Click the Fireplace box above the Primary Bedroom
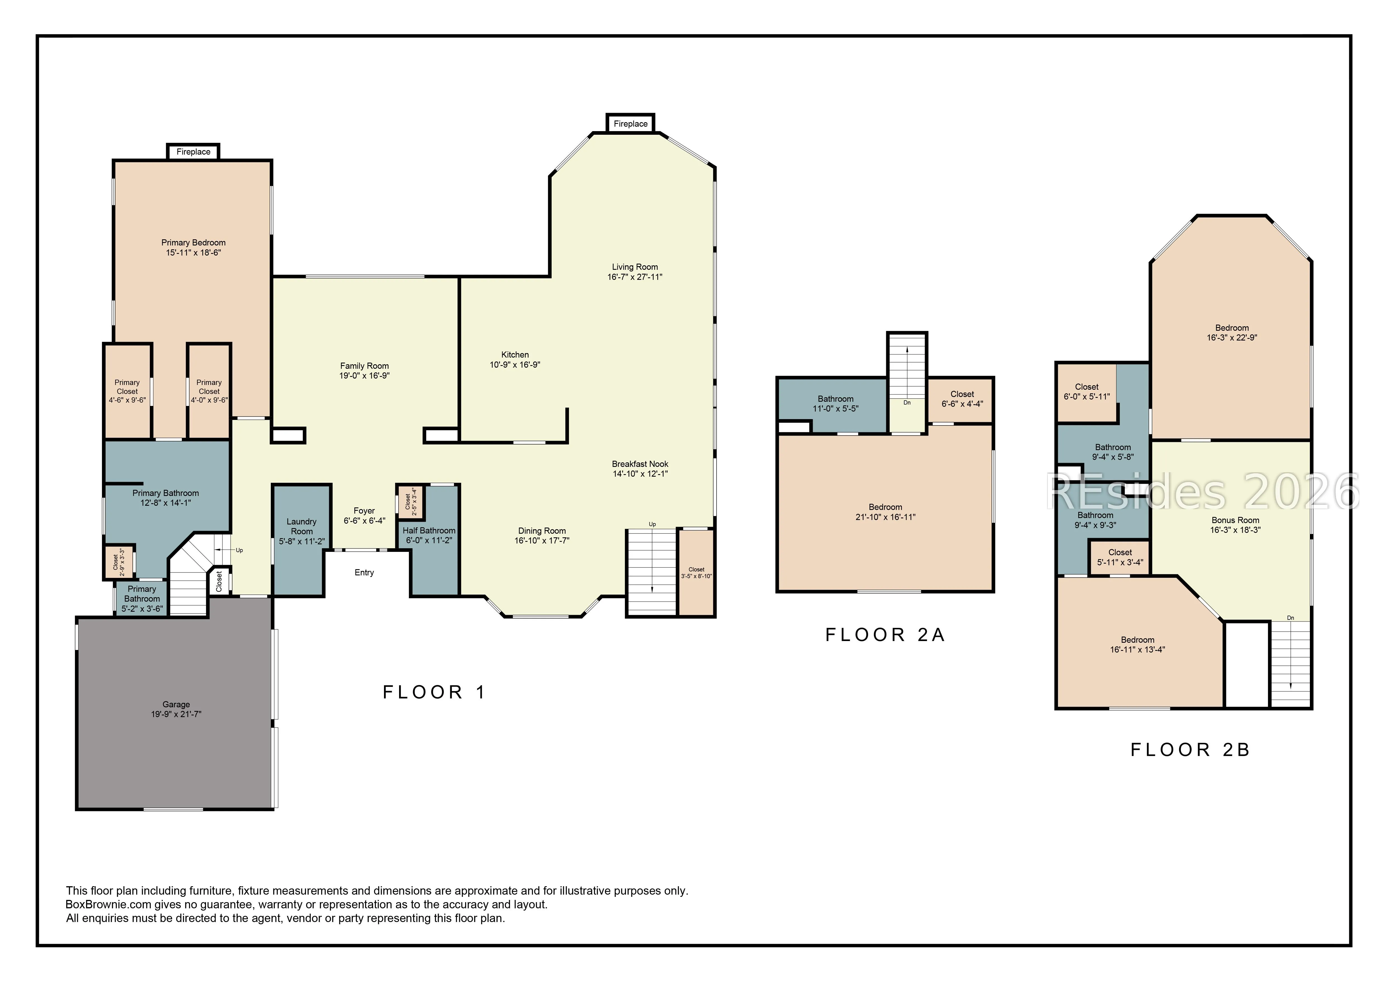(193, 152)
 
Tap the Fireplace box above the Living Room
(631, 123)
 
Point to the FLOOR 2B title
(1190, 750)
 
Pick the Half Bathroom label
(429, 531)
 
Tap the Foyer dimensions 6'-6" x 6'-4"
(364, 521)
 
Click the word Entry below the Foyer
(364, 572)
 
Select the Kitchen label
(515, 355)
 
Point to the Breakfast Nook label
(640, 464)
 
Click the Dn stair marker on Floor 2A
(907, 403)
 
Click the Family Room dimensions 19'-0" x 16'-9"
(364, 375)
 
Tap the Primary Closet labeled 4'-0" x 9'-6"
(209, 391)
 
